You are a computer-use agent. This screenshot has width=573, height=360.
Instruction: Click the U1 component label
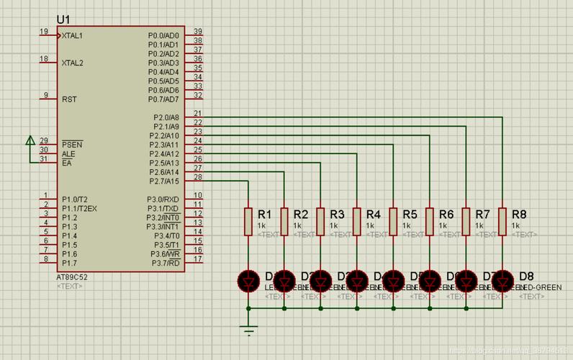coord(63,19)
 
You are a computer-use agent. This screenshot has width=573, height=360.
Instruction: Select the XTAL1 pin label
coord(73,35)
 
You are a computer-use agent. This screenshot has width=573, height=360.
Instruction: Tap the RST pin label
coord(69,99)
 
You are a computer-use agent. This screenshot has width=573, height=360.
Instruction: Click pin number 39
coord(197,32)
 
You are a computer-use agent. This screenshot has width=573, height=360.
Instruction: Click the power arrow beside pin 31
coord(30,140)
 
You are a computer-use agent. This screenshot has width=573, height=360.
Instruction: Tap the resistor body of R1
coord(248,222)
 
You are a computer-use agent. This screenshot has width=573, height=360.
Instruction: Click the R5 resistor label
coord(410,215)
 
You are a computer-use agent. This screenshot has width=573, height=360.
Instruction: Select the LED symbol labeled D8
coord(503,280)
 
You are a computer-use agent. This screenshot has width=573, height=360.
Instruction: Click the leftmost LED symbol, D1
coord(248,280)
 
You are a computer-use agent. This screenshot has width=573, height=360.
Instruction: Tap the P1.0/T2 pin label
coord(75,199)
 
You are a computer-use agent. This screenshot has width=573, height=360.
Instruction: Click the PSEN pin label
coord(72,145)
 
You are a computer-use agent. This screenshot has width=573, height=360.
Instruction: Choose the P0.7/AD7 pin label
coord(163,99)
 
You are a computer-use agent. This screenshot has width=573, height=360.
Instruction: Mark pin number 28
coord(197,177)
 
